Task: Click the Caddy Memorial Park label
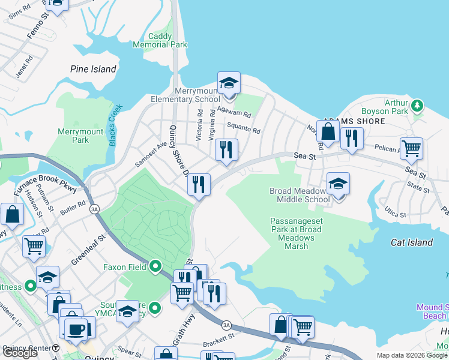pyautogui.click(x=160, y=40)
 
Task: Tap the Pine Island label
pyautogui.click(x=93, y=69)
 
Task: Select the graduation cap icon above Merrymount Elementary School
pyautogui.click(x=229, y=83)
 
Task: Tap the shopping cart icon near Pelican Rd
pyautogui.click(x=411, y=148)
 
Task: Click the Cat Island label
pyautogui.click(x=412, y=242)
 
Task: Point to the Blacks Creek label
pyautogui.click(x=116, y=125)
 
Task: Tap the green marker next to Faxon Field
pyautogui.click(x=155, y=265)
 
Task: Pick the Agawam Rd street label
pyautogui.click(x=234, y=111)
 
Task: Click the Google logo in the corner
pyautogui.click(x=20, y=353)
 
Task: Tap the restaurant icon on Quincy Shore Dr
pyautogui.click(x=199, y=184)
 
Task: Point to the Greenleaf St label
pyautogui.click(x=88, y=250)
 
